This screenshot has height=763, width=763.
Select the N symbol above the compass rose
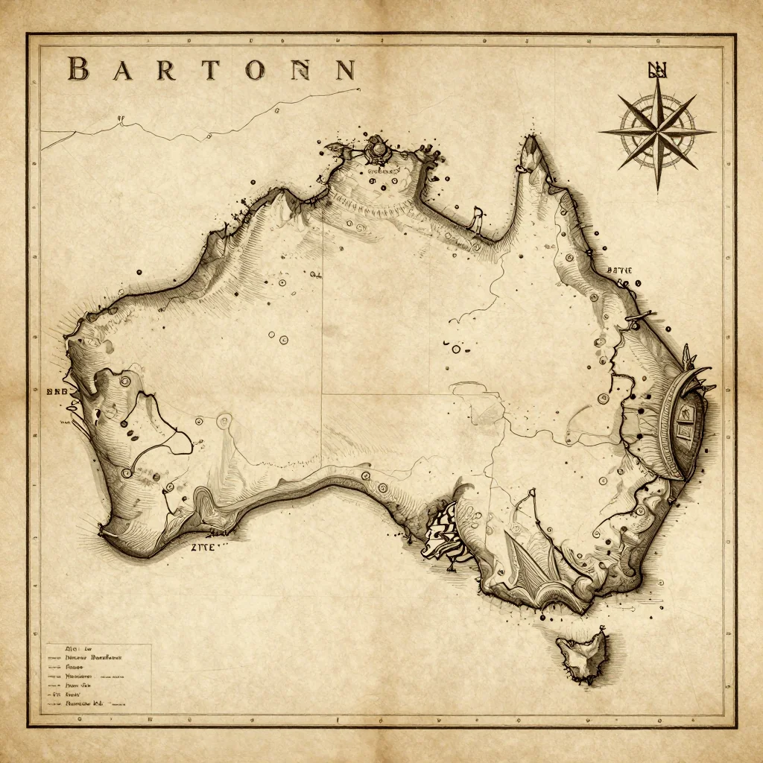coord(658,71)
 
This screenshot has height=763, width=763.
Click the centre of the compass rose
coord(657,132)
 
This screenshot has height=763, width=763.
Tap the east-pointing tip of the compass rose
coord(714,132)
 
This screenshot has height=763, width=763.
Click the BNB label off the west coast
coord(57,390)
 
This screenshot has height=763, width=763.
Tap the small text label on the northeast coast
coord(619,270)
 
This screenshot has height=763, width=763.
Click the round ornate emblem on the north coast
coord(379,149)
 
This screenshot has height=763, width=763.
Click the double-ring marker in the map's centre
coord(456,348)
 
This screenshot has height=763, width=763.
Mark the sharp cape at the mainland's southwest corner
coord(102,532)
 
